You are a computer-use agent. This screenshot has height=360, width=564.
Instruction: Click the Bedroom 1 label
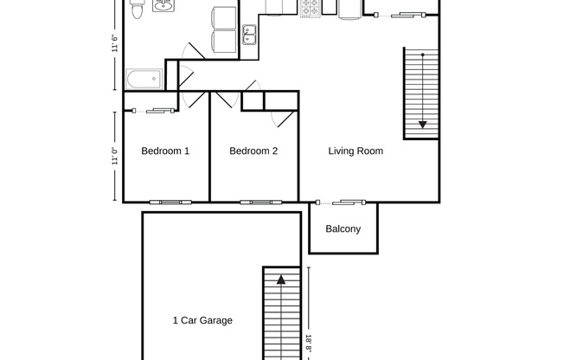coord(165,151)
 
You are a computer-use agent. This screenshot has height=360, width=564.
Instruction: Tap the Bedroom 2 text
coord(253,151)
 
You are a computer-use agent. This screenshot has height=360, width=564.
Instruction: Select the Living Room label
coord(356,151)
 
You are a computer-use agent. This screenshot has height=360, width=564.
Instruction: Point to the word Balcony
coord(343,229)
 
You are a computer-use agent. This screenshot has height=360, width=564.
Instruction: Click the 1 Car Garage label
coord(202,320)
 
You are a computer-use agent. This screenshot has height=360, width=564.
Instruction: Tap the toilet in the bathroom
coord(137,10)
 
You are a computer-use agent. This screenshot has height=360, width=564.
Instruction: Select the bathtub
coord(144,80)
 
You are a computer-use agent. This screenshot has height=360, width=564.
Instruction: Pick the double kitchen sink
coord(249,35)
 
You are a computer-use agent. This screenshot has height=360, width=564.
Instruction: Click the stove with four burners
coord(311,8)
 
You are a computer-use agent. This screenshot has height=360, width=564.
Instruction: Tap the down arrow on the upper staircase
coord(422,124)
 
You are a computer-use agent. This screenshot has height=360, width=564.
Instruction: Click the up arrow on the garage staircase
coord(280,280)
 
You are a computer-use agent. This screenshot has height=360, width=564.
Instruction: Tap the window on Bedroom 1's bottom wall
coord(167,202)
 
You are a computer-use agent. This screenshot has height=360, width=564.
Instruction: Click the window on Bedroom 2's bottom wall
coord(255,202)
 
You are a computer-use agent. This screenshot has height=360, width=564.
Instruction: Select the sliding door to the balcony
coord(344,202)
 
